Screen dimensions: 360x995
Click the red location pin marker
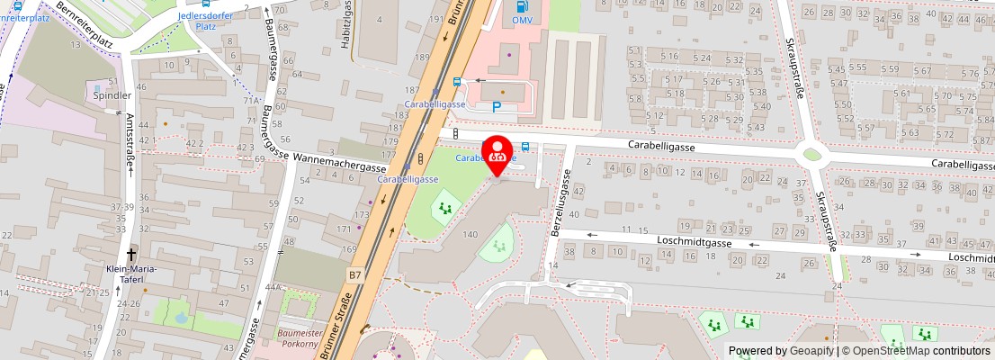point(497,154)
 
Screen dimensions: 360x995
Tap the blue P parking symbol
point(497,106)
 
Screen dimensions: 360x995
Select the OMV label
point(522,19)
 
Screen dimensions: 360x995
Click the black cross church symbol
point(132,256)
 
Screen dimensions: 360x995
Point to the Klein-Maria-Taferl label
point(131,274)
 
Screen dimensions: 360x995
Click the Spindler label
point(112,94)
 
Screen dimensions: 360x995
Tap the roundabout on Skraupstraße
point(812,155)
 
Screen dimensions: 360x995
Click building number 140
point(470,234)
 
